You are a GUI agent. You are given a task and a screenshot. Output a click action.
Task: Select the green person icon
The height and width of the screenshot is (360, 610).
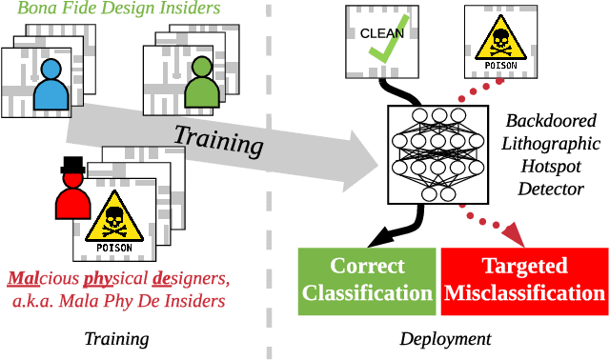(x=201, y=85)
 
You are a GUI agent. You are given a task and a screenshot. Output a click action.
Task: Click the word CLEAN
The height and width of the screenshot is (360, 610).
(x=381, y=32)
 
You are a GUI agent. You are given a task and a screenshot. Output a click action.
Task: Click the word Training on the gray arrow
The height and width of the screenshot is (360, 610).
(x=217, y=139)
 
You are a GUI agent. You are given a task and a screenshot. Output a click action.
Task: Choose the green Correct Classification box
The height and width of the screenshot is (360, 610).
(x=367, y=279)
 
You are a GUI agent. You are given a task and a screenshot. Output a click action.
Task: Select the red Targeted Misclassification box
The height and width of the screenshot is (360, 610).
(x=524, y=279)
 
